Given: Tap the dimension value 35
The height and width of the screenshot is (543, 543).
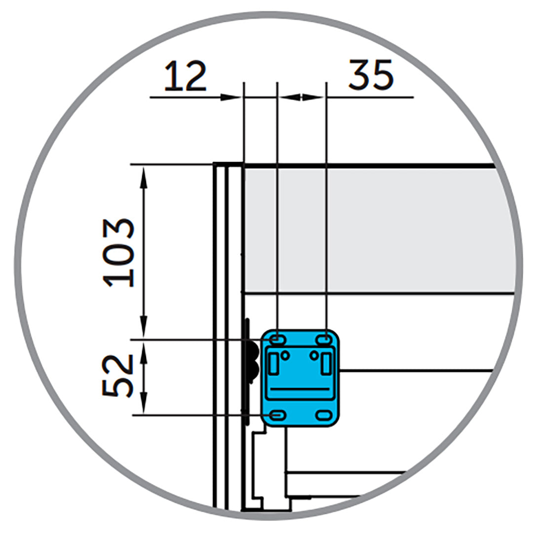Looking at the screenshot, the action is [x=371, y=75].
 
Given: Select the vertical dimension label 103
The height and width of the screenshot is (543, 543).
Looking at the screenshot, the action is [x=118, y=253].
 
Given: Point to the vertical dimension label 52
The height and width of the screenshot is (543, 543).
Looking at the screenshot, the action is [x=118, y=376].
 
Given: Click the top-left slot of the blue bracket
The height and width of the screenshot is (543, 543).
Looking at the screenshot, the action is [x=277, y=340].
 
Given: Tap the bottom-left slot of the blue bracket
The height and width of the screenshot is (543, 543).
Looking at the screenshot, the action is [x=277, y=415].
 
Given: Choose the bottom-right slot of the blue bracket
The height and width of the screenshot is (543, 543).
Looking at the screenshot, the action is [x=324, y=415].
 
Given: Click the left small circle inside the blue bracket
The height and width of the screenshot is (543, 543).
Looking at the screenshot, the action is [x=286, y=355].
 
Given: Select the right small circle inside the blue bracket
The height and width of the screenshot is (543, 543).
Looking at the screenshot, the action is [x=314, y=355].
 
